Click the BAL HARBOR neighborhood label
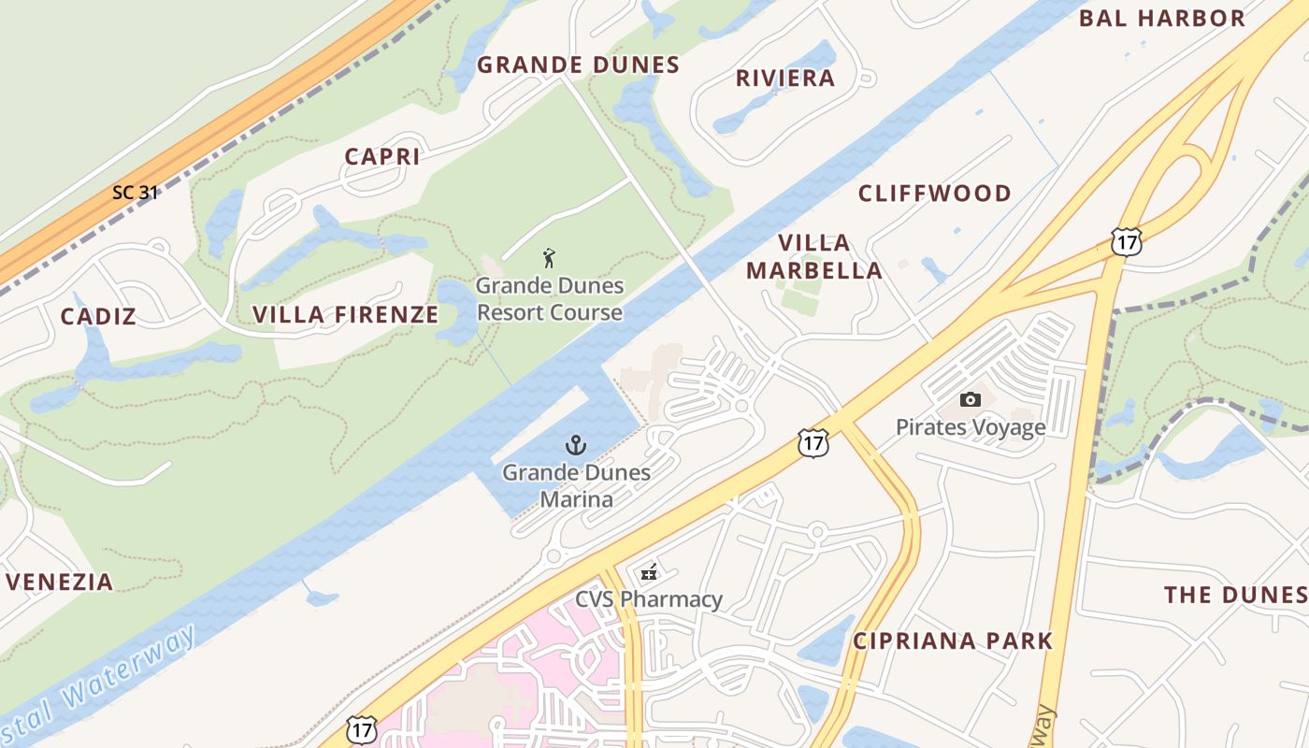pyautogui.click(x=1162, y=18)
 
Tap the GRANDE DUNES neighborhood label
pyautogui.click(x=578, y=65)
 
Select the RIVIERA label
pyautogui.click(x=785, y=78)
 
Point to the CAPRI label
pyautogui.click(x=382, y=156)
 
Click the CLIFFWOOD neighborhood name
pyautogui.click(x=935, y=194)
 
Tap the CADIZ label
pyautogui.click(x=98, y=316)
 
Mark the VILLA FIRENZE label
pyautogui.click(x=346, y=314)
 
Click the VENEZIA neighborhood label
pyautogui.click(x=60, y=582)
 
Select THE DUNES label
pyautogui.click(x=1234, y=595)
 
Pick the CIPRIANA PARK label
pyautogui.click(x=953, y=640)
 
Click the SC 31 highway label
pyautogui.click(x=135, y=193)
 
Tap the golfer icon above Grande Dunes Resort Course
pyautogui.click(x=549, y=257)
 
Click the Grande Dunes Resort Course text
pyautogui.click(x=549, y=298)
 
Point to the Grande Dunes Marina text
pyautogui.click(x=576, y=485)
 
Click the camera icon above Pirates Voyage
pyautogui.click(x=971, y=400)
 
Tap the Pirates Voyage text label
pyautogui.click(x=971, y=427)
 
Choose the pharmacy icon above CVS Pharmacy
pyautogui.click(x=648, y=573)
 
